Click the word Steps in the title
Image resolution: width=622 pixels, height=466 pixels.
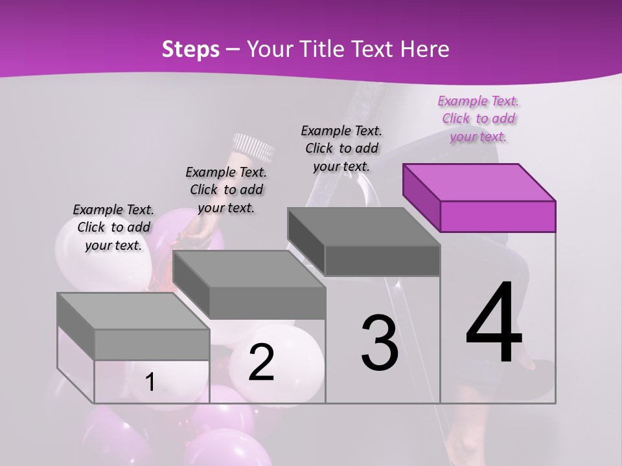click(190, 49)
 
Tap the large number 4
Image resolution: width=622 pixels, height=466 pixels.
click(494, 324)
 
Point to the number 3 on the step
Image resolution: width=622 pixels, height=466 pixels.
click(380, 343)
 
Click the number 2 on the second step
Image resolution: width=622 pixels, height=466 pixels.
click(261, 362)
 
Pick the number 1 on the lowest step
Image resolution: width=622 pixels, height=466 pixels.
click(150, 383)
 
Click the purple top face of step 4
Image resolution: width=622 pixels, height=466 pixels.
click(478, 182)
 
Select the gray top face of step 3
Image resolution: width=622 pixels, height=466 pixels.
click(363, 227)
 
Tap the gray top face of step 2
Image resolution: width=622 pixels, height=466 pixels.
click(249, 269)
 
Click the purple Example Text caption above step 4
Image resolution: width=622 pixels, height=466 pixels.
click(478, 119)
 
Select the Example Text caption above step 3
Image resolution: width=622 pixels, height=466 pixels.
click(341, 148)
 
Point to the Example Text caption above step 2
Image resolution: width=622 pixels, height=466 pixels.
click(226, 190)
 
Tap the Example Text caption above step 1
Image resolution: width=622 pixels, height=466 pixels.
click(113, 227)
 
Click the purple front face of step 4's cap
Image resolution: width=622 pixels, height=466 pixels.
click(498, 216)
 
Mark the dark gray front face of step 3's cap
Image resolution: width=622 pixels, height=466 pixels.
click(382, 260)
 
